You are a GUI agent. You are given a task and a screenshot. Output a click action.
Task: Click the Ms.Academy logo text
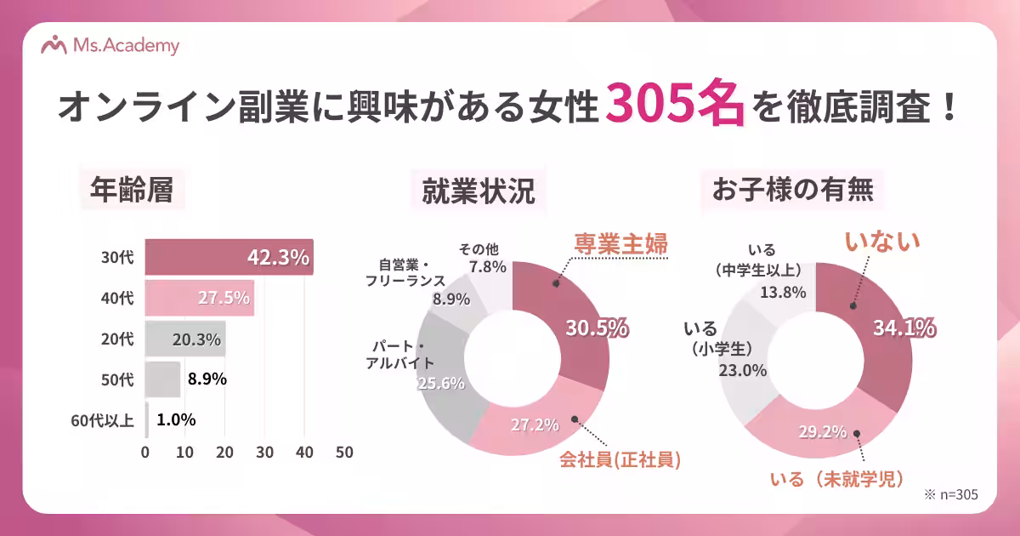(x=127, y=46)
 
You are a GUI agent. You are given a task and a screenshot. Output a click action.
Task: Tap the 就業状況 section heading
(x=479, y=191)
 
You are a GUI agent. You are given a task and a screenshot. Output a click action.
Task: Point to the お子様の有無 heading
(x=792, y=191)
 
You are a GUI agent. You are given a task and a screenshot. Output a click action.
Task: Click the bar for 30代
(x=229, y=257)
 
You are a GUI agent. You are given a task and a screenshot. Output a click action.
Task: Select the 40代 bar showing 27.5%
(x=199, y=298)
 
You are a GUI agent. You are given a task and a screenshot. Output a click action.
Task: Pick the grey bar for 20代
(x=184, y=339)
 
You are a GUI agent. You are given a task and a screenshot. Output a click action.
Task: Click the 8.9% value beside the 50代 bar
(x=206, y=379)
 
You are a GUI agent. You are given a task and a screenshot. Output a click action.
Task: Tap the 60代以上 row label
(x=102, y=419)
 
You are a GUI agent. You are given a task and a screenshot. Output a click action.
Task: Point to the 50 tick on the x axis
(x=344, y=453)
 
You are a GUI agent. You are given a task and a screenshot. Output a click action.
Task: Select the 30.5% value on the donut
(x=597, y=328)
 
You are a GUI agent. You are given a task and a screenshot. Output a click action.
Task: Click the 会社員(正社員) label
(x=620, y=460)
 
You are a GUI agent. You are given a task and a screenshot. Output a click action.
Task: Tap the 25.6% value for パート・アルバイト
(x=441, y=383)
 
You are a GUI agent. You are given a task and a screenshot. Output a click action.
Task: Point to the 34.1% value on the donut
(x=904, y=328)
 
